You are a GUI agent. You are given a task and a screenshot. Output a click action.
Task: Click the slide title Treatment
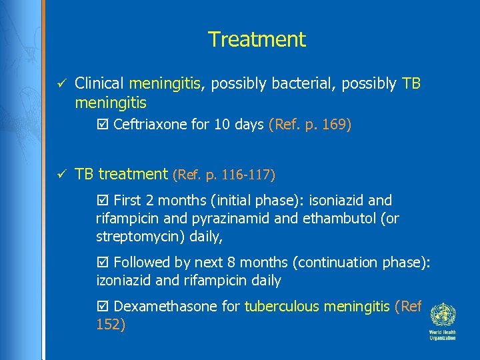click(257, 39)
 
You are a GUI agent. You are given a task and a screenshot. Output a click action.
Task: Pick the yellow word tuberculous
click(279, 307)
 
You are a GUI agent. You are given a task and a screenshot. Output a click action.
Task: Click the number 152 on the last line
click(108, 325)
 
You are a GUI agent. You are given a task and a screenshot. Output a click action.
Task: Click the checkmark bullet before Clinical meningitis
click(60, 84)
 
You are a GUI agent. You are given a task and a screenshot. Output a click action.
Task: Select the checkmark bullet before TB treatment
click(60, 175)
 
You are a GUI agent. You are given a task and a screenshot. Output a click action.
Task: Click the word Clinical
click(100, 84)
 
